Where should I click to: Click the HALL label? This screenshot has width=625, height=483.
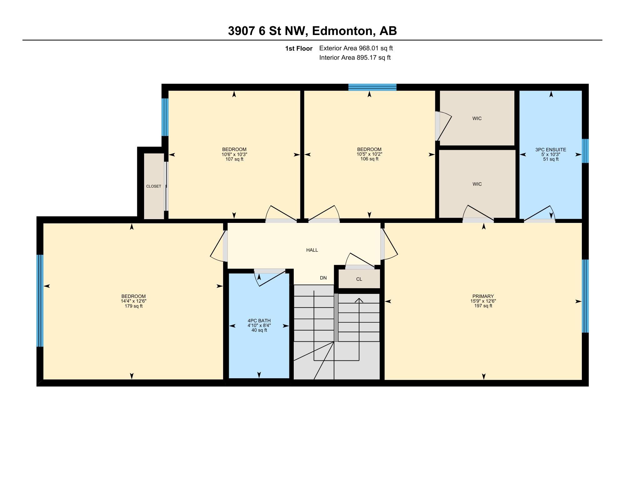click(x=312, y=250)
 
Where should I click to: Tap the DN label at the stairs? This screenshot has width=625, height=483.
click(x=323, y=278)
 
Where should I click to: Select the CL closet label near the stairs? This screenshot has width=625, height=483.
click(x=359, y=279)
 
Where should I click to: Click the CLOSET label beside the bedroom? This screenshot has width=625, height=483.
click(x=154, y=186)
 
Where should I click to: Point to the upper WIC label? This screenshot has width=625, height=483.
click(x=477, y=118)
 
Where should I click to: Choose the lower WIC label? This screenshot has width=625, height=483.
click(x=477, y=184)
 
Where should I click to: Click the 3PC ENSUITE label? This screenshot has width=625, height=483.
click(x=551, y=150)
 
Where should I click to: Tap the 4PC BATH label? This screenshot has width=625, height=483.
click(x=259, y=321)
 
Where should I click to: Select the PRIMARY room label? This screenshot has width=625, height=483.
click(x=483, y=296)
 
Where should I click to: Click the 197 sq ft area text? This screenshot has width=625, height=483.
click(x=483, y=306)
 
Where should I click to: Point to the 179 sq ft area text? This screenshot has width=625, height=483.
click(x=133, y=306)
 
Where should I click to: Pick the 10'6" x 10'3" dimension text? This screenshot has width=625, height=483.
click(x=234, y=154)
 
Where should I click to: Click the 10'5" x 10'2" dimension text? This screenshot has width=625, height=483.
click(x=369, y=154)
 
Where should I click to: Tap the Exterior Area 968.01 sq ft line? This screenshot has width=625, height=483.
click(x=356, y=48)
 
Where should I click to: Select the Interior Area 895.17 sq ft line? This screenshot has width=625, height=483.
click(x=355, y=58)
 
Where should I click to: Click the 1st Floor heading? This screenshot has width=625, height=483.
click(x=299, y=49)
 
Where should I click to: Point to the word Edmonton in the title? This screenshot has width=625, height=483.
click(x=343, y=31)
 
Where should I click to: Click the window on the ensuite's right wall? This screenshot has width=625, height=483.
click(x=585, y=151)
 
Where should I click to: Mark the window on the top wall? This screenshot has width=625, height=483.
click(x=372, y=87)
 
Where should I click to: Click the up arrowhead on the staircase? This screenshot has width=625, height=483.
click(x=359, y=300)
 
